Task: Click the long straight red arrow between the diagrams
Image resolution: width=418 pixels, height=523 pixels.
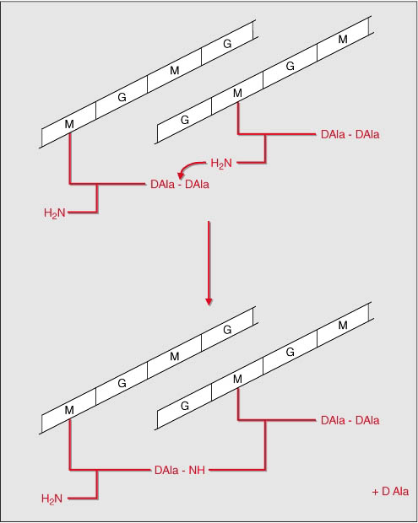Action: [209, 263]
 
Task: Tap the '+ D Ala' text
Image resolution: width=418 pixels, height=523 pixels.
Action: [390, 491]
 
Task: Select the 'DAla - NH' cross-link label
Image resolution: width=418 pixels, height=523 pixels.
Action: [180, 470]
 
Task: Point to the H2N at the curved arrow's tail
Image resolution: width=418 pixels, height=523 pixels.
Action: [221, 163]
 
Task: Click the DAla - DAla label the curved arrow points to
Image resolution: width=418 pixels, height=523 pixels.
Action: [180, 184]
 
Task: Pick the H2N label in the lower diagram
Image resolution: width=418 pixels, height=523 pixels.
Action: [52, 499]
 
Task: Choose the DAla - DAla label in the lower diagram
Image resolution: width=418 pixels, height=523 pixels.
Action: [350, 420]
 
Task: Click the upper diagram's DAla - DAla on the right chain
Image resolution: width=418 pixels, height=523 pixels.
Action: [350, 134]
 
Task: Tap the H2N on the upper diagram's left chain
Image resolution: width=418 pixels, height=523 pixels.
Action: [54, 213]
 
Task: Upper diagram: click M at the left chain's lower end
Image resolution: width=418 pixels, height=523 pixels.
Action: [69, 124]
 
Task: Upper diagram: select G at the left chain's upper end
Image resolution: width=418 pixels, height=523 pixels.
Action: [227, 44]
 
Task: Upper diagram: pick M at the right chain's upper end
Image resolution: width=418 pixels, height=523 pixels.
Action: [343, 40]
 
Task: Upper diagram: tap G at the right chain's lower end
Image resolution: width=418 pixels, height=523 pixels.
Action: [185, 120]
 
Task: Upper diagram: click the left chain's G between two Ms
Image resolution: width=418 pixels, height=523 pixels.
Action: [122, 97]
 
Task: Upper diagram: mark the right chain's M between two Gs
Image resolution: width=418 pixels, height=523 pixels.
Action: [237, 93]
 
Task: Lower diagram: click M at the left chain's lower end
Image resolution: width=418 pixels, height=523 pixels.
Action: [69, 410]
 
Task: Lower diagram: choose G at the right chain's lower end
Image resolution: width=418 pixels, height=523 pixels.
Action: [185, 406]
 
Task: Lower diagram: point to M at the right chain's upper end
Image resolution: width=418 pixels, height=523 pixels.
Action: [343, 326]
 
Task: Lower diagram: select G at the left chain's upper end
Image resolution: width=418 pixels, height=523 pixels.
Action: [227, 330]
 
